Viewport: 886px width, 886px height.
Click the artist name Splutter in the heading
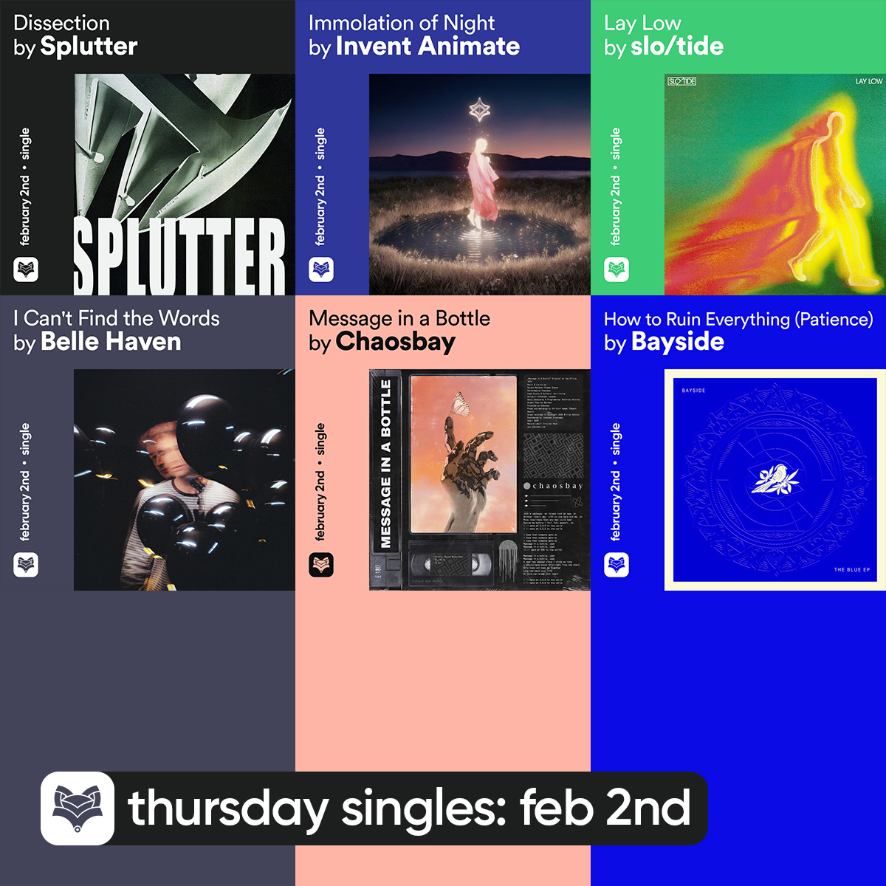89,47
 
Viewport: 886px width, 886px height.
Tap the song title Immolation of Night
402,23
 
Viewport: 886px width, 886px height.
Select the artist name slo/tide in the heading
677,47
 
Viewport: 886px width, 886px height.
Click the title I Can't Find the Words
117,318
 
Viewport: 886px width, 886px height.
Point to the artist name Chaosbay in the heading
395,342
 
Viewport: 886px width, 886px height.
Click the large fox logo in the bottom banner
78,808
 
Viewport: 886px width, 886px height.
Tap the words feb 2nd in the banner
605,808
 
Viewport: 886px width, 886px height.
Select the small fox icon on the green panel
617,269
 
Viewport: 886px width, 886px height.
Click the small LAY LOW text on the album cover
868,80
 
